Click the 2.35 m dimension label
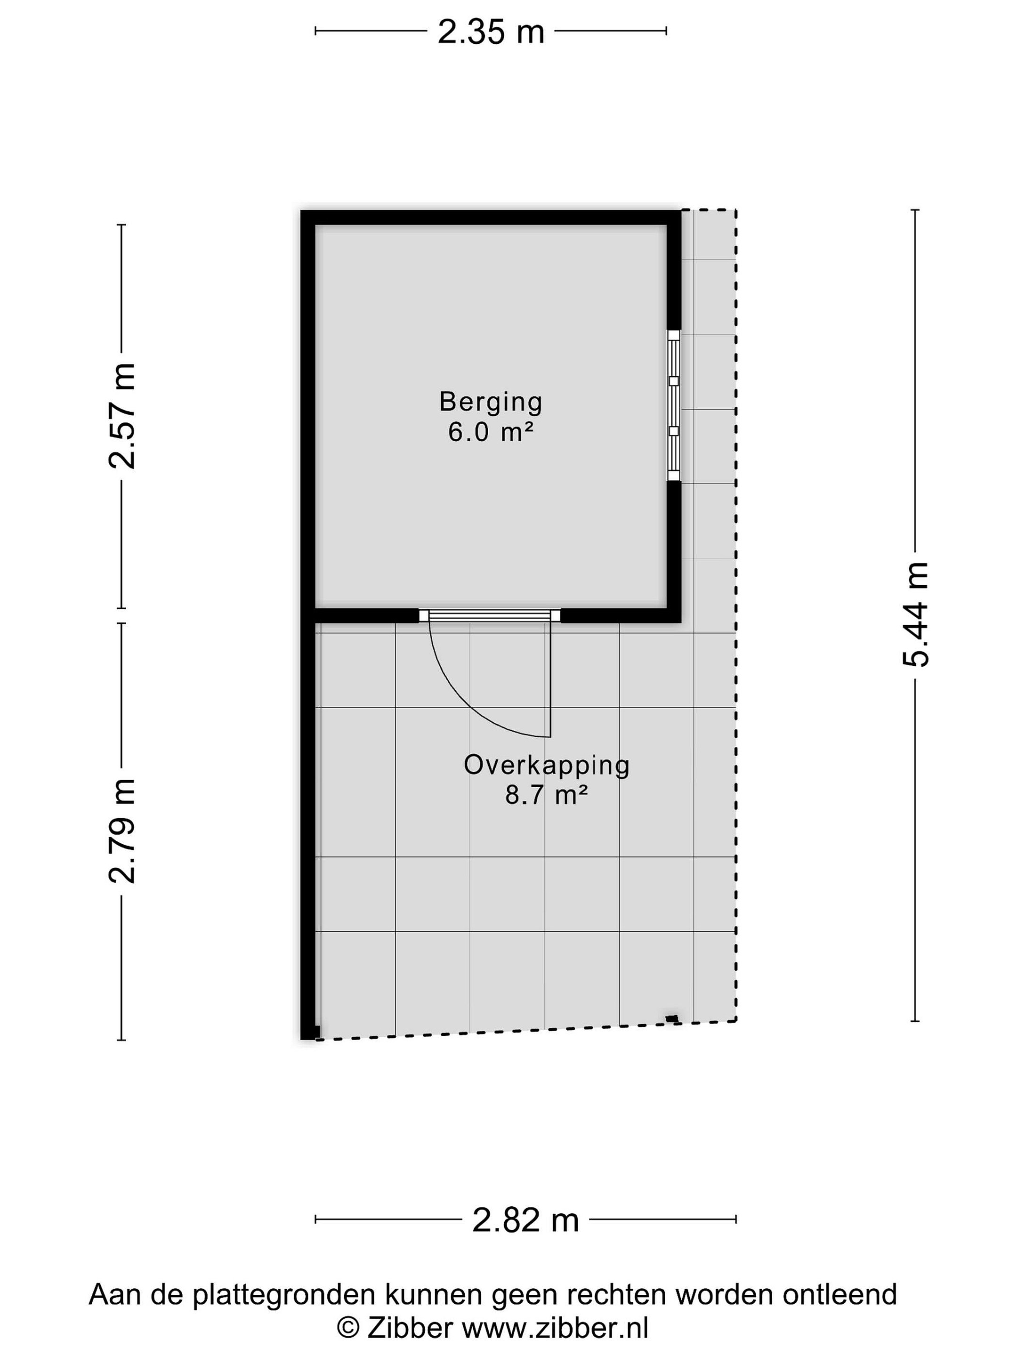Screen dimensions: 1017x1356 491,32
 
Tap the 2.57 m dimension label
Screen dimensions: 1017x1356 122,416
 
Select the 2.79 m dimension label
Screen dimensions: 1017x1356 122,831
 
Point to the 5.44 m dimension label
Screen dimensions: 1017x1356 915,614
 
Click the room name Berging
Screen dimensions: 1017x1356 491,402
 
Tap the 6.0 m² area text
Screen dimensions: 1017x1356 491,432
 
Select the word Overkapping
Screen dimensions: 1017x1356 547,766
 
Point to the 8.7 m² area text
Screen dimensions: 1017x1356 547,795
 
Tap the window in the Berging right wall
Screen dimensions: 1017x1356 674,406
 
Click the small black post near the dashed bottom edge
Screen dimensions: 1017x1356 673,1019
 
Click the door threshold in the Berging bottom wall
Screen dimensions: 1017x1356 490,615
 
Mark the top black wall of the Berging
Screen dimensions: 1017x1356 491,218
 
